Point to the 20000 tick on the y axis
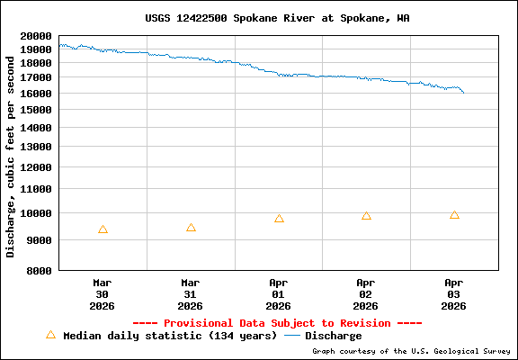pos(37,36)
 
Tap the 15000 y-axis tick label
pos(37,110)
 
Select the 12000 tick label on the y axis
pos(37,167)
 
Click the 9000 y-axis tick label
pos(40,240)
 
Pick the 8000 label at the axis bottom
pos(40,270)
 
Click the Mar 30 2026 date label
pos(103,293)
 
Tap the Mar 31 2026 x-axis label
pos(191,293)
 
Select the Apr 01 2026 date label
pos(279,293)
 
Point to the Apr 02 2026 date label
pos(366,293)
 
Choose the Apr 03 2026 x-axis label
pos(454,293)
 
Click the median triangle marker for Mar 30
pos(103,229)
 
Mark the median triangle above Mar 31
pos(191,228)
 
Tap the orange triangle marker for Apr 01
pos(279,219)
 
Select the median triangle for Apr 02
pos(366,216)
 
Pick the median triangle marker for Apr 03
pos(454,215)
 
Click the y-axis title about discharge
pos(11,153)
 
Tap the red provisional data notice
pos(277,322)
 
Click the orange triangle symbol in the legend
pos(50,335)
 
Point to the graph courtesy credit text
pos(412,351)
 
